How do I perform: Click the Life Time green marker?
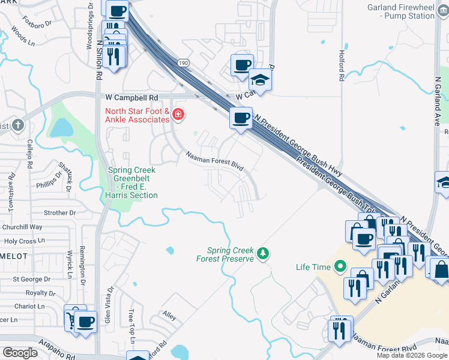340,265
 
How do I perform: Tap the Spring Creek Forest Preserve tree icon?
262,254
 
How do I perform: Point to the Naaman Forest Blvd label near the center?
214,161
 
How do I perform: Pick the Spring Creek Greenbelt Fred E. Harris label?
133,182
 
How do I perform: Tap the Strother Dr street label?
60,212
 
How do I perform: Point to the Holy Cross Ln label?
25,241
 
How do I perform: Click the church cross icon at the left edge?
18,125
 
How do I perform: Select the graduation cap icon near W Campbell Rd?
261,79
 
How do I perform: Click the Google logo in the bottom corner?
20,353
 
